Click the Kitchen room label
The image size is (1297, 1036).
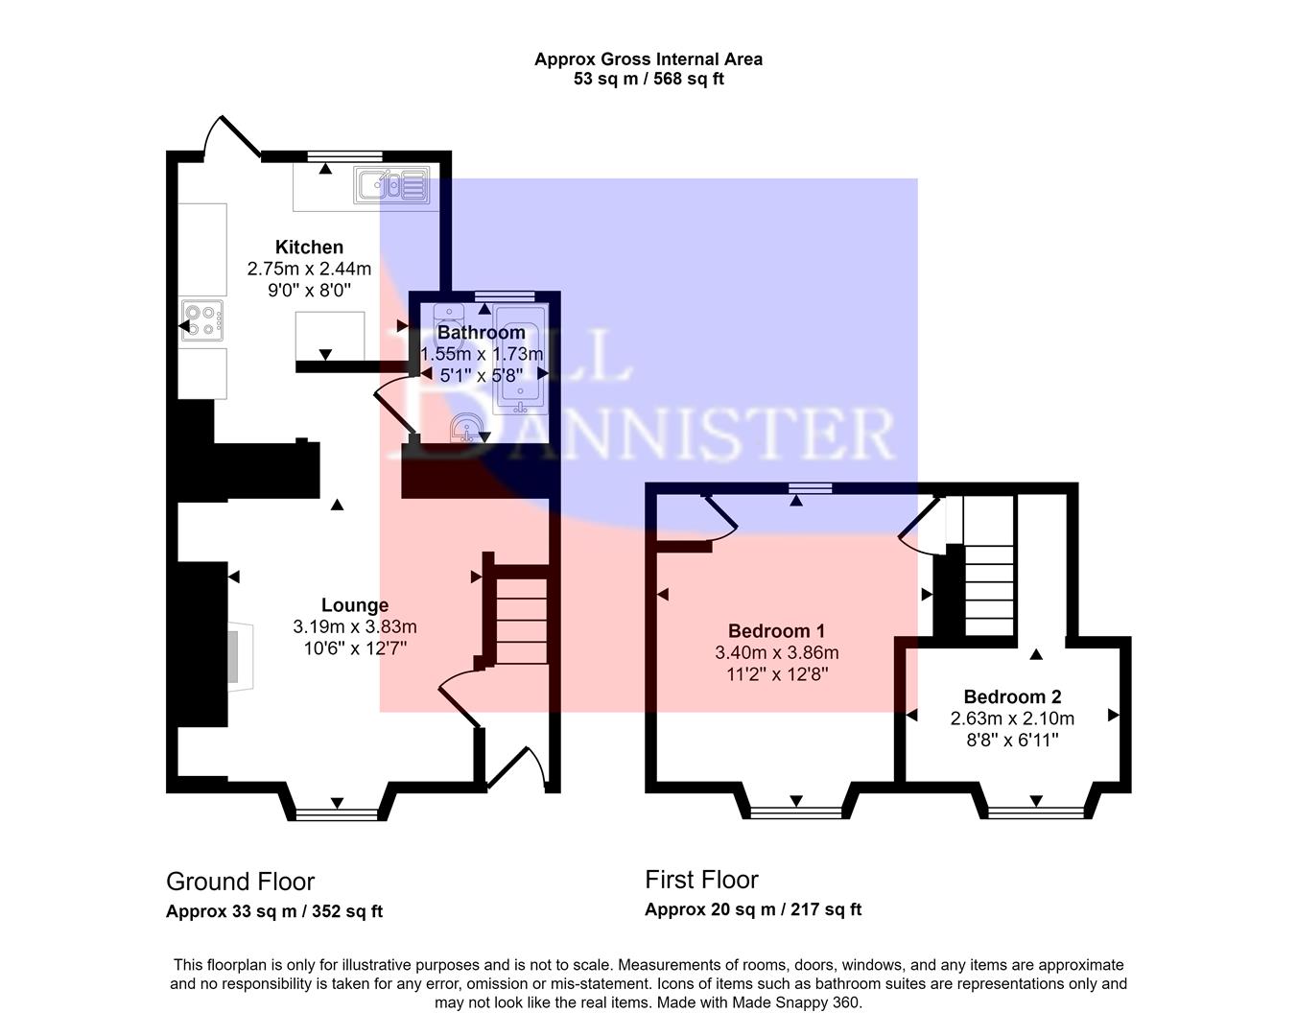click(309, 247)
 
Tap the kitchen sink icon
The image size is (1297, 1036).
click(392, 184)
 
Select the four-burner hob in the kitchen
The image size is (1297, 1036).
click(203, 320)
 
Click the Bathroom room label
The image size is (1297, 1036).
click(481, 333)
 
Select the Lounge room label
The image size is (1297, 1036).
click(355, 605)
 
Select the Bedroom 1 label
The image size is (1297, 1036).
click(776, 630)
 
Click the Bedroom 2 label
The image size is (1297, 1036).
click(1012, 696)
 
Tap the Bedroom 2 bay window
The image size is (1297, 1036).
click(1036, 812)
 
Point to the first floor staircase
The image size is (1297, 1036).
click(989, 566)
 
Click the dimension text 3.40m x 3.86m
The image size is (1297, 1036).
click(776, 652)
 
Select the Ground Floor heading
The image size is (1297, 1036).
click(240, 882)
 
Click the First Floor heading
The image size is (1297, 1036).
click(701, 880)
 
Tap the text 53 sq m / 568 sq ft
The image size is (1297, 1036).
click(648, 79)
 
